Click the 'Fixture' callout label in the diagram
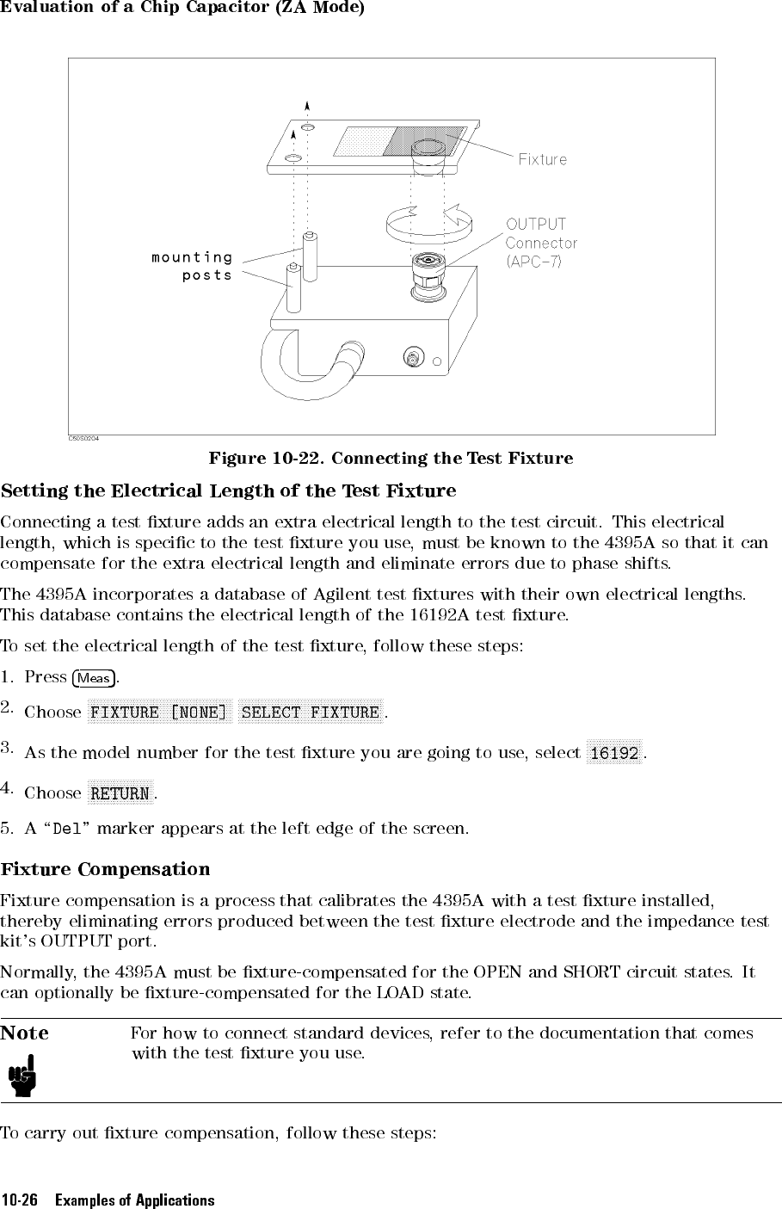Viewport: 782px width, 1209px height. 542,159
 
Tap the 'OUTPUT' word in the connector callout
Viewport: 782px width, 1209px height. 536,225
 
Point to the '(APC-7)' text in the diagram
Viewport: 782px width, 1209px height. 533,262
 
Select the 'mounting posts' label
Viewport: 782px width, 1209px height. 193,266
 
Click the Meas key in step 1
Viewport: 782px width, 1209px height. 94,678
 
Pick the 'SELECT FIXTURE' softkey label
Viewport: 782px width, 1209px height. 311,712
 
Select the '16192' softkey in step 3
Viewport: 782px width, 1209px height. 614,753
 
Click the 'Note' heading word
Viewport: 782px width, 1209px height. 25,1033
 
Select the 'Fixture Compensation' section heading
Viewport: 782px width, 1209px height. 105,869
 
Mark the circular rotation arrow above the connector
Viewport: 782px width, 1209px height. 428,222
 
